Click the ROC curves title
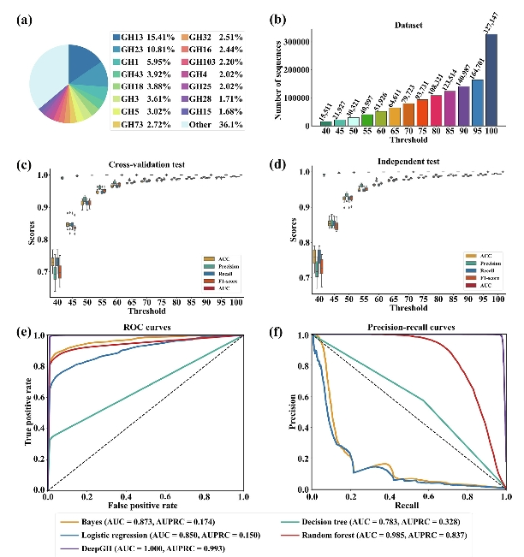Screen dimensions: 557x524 (147, 327)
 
